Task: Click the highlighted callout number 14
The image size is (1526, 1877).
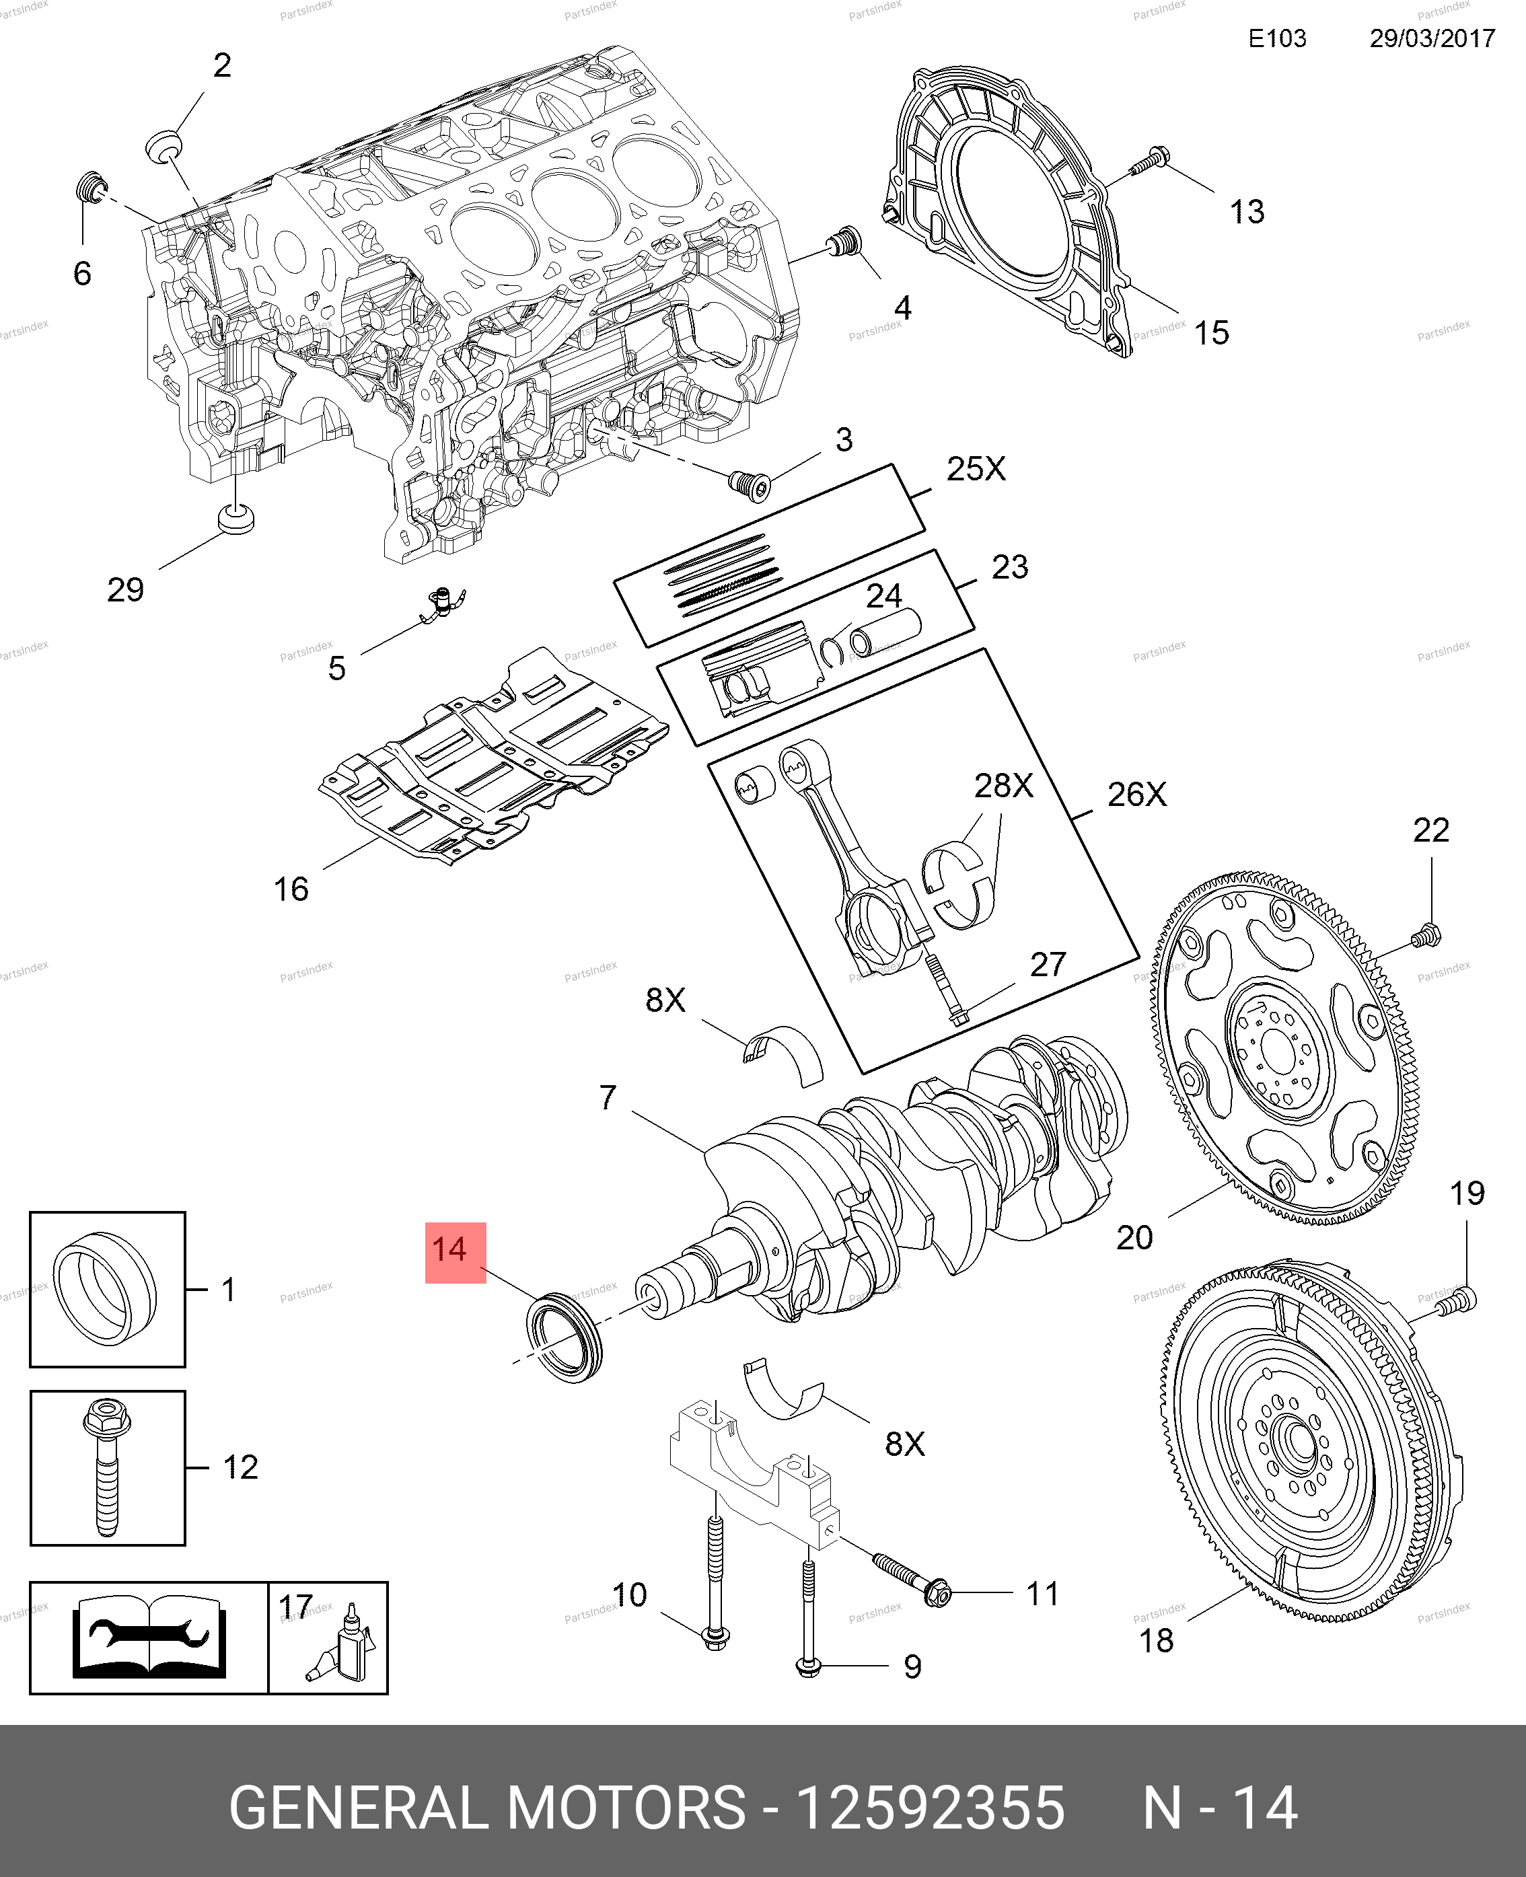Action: [x=454, y=1251]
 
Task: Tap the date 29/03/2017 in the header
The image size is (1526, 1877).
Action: [x=1432, y=38]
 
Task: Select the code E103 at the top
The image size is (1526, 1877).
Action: [x=1277, y=38]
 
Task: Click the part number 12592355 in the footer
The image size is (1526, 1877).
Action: [x=929, y=1807]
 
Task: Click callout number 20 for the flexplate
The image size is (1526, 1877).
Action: [x=1134, y=1237]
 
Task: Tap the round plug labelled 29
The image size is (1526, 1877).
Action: [x=235, y=517]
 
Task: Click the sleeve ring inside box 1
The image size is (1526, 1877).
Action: [x=106, y=1289]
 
